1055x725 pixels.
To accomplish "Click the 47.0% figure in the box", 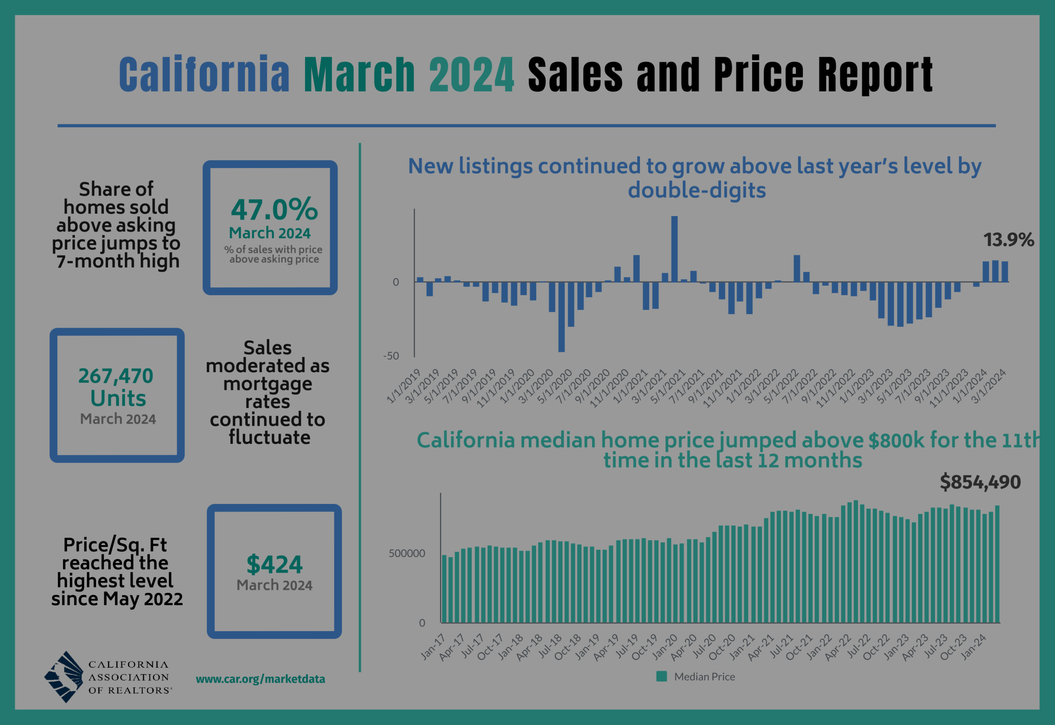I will coord(274,210).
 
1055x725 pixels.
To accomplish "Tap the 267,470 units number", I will coord(115,375).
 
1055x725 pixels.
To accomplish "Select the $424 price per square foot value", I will coord(274,565).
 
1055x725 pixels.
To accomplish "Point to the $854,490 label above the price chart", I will coord(980,482).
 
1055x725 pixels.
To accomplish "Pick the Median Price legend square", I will coord(662,676).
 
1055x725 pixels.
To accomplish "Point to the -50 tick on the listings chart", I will coord(391,356).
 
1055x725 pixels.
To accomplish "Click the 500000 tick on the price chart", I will coord(406,553).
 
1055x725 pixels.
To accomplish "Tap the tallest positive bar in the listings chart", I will coord(674,249).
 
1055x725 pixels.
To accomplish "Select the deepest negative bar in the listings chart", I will coord(561,317).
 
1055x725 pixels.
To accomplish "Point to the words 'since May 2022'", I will coord(117,599).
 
